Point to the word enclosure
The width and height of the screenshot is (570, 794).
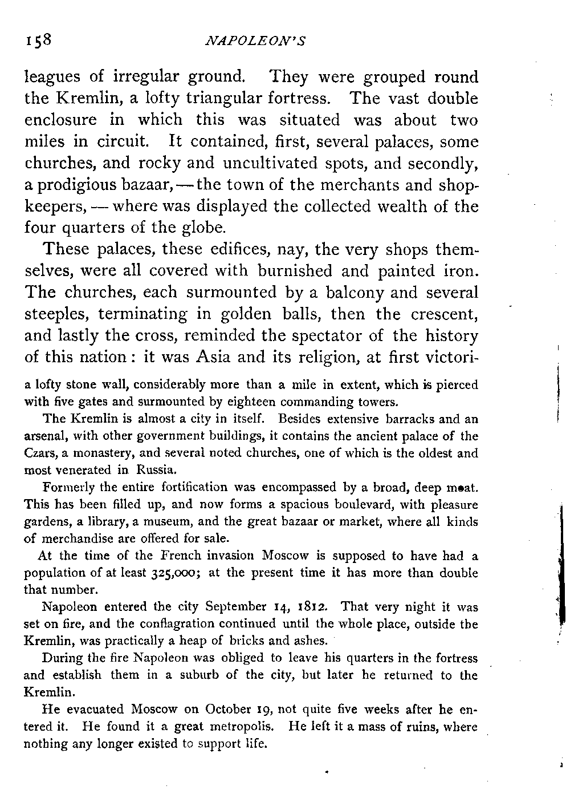click(x=63, y=120)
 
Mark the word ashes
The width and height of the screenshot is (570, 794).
click(x=308, y=642)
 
